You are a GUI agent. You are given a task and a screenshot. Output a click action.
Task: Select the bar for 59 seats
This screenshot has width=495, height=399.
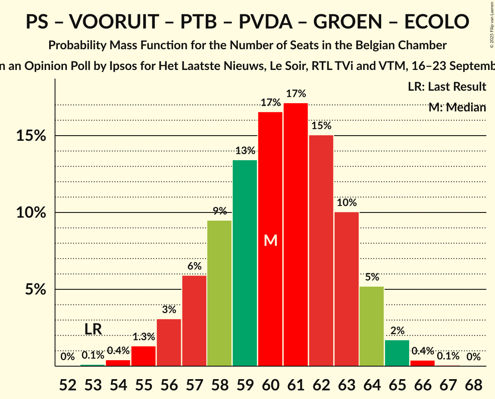(x=245, y=263)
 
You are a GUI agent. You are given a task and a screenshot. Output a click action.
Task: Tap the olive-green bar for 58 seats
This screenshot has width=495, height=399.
(x=219, y=293)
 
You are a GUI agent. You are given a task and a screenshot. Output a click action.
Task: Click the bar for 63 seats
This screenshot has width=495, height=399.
(x=346, y=289)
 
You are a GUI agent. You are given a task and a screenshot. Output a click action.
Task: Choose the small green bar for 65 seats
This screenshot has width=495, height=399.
(x=397, y=353)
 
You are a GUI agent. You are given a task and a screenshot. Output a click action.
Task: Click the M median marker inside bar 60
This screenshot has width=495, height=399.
(x=270, y=241)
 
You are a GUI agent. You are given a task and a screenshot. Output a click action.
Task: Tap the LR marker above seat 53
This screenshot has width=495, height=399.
(x=93, y=329)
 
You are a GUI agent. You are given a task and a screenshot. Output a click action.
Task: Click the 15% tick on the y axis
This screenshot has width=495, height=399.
(x=31, y=136)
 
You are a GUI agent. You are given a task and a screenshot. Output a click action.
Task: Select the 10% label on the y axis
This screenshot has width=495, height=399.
(x=31, y=212)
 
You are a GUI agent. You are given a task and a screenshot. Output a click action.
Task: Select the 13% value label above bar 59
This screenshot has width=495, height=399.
(x=245, y=151)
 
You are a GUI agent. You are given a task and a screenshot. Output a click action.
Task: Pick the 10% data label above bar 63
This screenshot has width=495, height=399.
(x=346, y=203)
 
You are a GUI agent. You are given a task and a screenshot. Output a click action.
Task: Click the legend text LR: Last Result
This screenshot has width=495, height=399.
(x=447, y=87)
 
